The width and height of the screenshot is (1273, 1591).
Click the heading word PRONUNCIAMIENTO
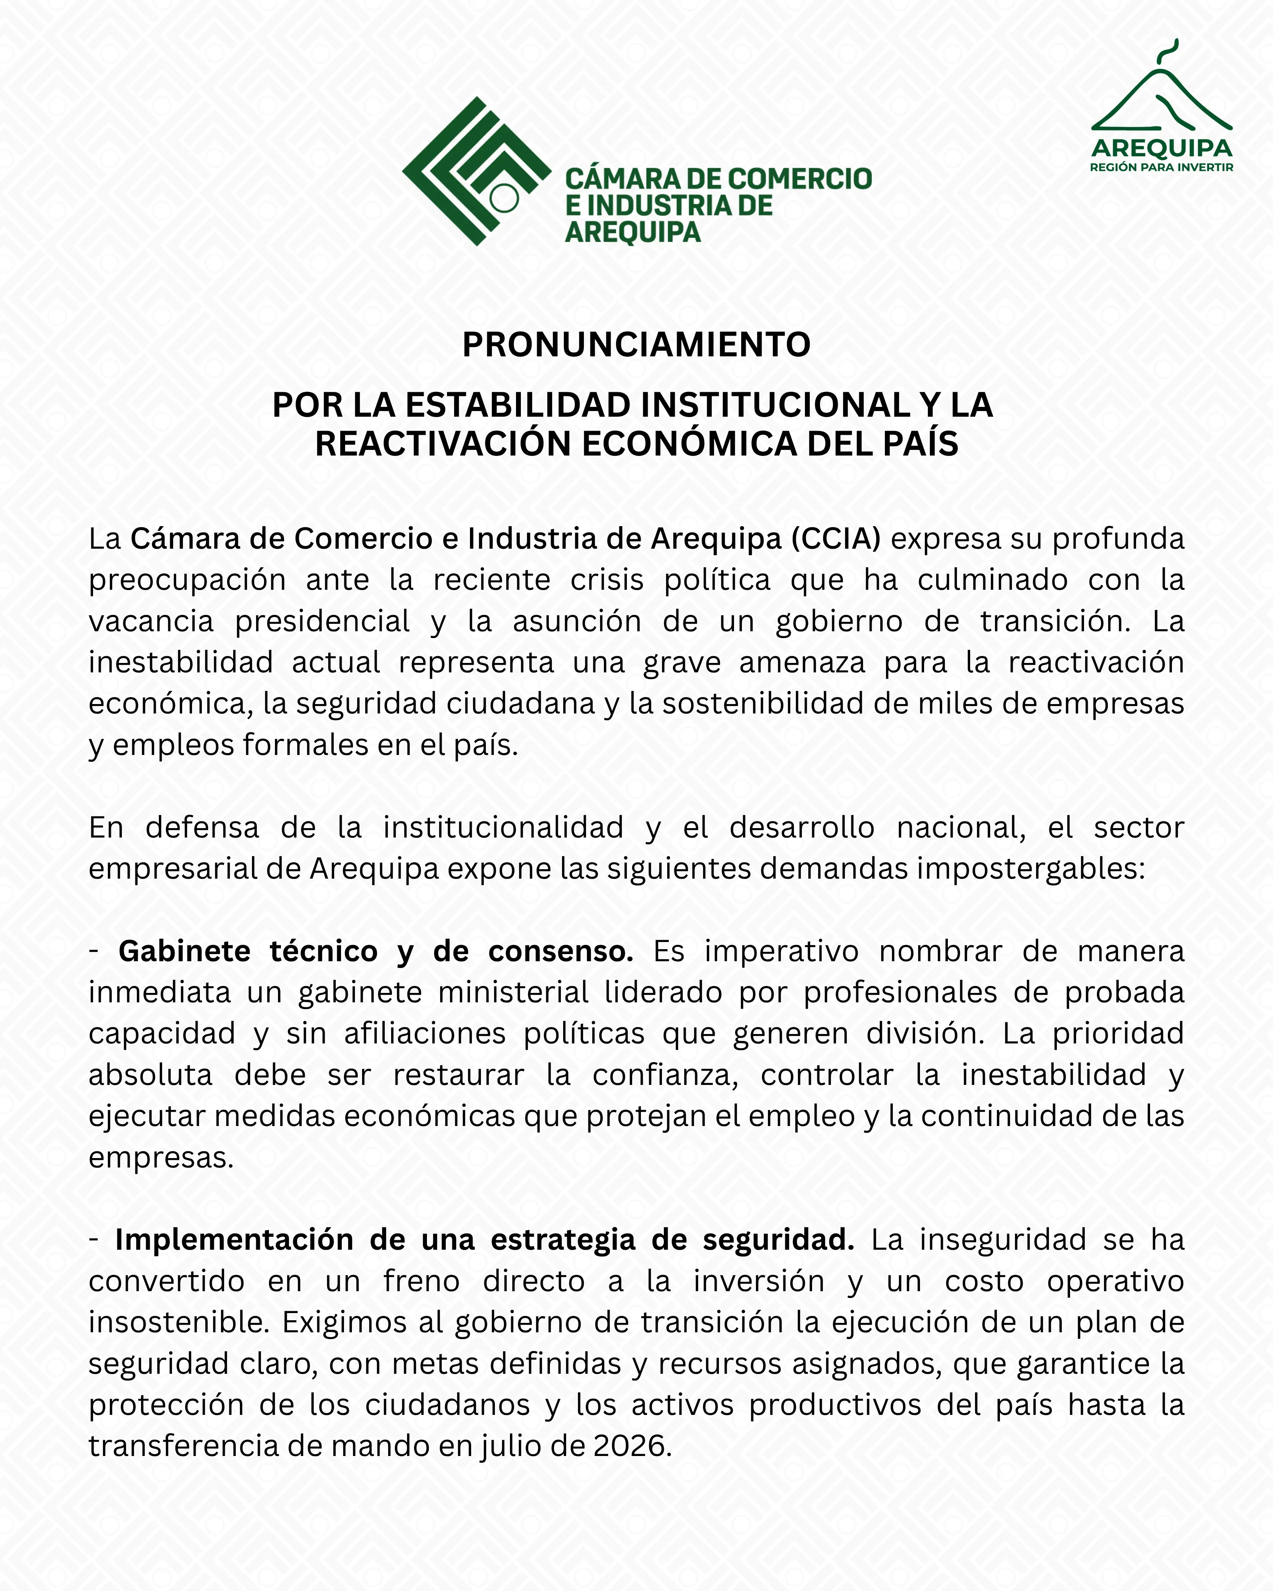point(636,345)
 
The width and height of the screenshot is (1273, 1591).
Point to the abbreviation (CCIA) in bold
point(836,539)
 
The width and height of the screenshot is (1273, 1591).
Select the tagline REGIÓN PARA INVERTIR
point(1162,167)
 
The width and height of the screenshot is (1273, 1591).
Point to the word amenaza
point(802,663)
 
